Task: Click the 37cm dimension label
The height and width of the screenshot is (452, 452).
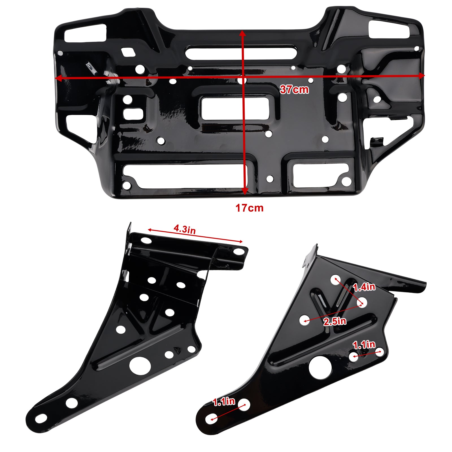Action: (x=294, y=90)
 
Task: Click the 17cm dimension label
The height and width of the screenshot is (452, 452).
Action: (x=249, y=208)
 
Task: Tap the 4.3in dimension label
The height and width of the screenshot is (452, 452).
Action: (x=184, y=229)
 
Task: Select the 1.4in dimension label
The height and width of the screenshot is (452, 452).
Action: (x=364, y=287)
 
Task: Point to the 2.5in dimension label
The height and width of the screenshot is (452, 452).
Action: (x=335, y=321)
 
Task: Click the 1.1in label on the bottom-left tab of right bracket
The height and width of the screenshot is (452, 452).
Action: (x=224, y=402)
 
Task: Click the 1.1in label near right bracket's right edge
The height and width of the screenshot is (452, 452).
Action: (x=364, y=345)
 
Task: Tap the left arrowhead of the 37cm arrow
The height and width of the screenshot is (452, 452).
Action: (x=58, y=79)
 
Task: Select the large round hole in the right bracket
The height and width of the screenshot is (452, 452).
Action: (x=320, y=368)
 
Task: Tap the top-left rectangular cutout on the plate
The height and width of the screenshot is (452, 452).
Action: (x=85, y=33)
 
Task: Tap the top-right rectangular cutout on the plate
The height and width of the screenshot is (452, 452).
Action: (x=388, y=29)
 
